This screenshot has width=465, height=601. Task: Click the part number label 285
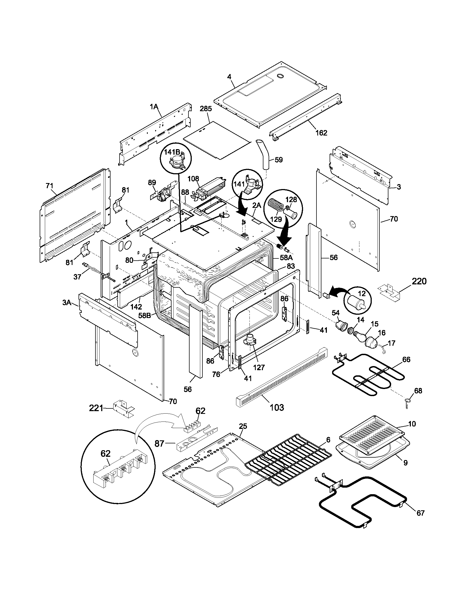pyautogui.click(x=206, y=109)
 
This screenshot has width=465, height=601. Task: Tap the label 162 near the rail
pyautogui.click(x=321, y=133)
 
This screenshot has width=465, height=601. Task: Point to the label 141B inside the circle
pyautogui.click(x=172, y=152)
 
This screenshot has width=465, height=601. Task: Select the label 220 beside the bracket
pyautogui.click(x=419, y=281)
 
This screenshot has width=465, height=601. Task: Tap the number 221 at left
pyautogui.click(x=96, y=408)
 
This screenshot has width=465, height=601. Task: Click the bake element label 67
pyautogui.click(x=420, y=513)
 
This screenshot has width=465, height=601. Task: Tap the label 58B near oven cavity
pyautogui.click(x=144, y=315)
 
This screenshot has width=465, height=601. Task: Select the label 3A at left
pyautogui.click(x=67, y=303)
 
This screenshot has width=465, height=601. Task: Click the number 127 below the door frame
pyautogui.click(x=259, y=367)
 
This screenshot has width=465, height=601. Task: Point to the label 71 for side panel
pyautogui.click(x=49, y=186)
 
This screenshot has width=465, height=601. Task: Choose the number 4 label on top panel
pyautogui.click(x=229, y=77)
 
